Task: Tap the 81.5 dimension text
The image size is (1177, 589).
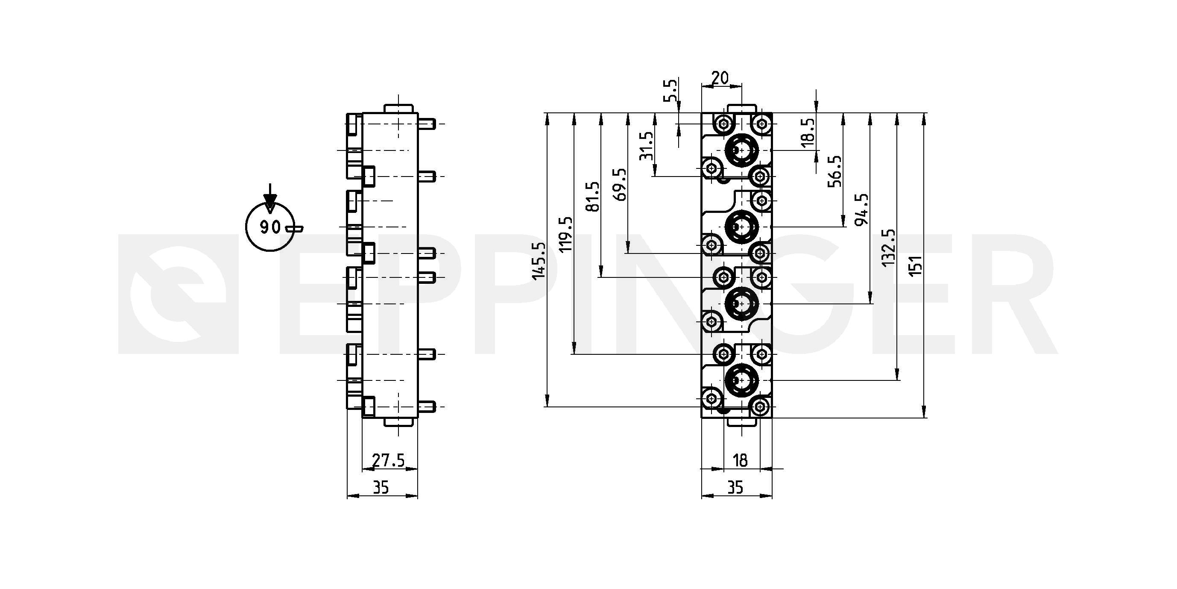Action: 593,197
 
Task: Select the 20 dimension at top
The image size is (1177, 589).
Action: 720,78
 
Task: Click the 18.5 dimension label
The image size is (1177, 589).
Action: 808,133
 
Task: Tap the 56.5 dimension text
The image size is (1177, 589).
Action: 835,171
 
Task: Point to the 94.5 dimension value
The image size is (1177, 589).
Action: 862,209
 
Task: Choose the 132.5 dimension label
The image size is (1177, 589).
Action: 889,248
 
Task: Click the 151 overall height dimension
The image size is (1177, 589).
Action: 916,265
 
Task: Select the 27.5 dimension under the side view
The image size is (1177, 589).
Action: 388,460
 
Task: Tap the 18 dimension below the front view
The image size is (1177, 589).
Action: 740,460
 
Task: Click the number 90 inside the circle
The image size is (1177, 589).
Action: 270,227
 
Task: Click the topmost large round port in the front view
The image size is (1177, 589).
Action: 741,150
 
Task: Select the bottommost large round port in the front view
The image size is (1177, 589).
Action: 741,380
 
